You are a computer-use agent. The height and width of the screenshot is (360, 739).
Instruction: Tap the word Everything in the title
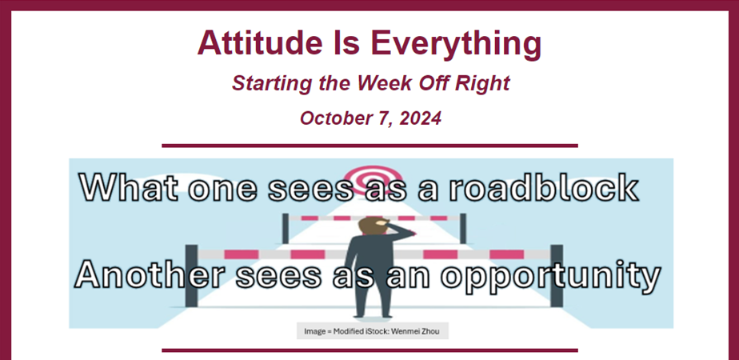tap(456, 45)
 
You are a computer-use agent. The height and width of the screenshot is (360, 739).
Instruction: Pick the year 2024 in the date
tap(421, 118)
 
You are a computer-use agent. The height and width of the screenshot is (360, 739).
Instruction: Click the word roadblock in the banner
tap(543, 187)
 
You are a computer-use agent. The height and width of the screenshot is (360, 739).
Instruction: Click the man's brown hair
tap(370, 225)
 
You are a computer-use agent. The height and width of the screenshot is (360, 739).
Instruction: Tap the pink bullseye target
tap(373, 179)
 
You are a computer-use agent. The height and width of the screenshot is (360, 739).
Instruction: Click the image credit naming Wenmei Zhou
tap(372, 331)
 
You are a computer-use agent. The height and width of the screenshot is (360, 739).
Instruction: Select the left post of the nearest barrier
tap(191, 276)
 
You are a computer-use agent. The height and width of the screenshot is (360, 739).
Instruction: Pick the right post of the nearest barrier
tap(557, 276)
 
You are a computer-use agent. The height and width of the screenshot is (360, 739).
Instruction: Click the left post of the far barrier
tap(286, 229)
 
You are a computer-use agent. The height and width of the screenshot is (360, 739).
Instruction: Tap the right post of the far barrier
tap(463, 229)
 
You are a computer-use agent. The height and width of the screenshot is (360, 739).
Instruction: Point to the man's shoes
tap(373, 316)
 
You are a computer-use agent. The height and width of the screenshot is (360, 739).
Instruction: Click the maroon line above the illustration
tap(370, 146)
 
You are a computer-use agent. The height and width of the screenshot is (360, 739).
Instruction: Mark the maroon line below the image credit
tap(370, 350)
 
